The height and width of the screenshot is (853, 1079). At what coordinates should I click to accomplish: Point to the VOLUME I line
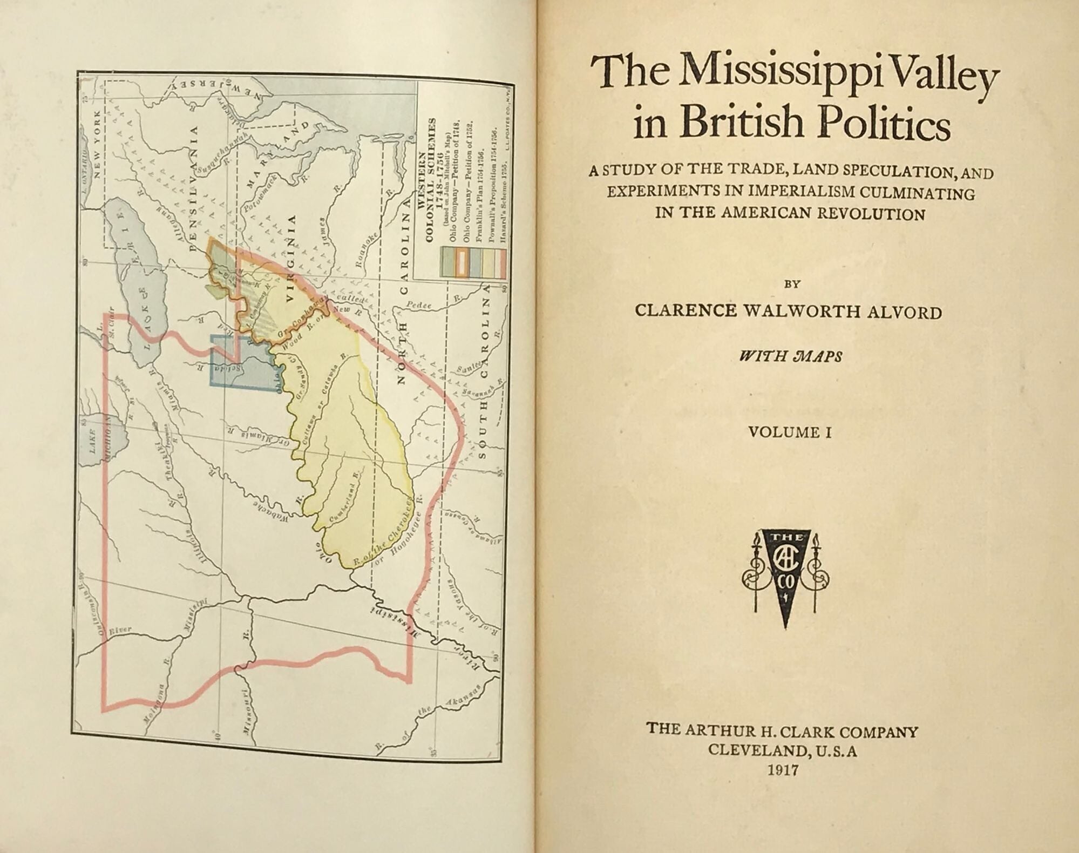coord(789,432)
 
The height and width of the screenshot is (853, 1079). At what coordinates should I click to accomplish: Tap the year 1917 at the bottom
coord(783,769)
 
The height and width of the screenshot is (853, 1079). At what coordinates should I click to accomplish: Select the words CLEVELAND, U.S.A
coord(783,750)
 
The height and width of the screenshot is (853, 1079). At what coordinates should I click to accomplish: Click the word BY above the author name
coord(788,284)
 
